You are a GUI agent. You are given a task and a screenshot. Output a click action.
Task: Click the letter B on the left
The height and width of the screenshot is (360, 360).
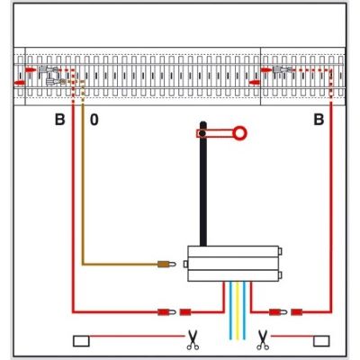click(x=60, y=120)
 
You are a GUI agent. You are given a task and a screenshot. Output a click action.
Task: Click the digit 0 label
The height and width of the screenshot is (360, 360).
click(x=94, y=120)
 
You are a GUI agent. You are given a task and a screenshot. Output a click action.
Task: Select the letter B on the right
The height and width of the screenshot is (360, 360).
click(x=319, y=120)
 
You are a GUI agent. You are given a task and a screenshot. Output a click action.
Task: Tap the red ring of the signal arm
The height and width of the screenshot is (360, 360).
click(x=239, y=133)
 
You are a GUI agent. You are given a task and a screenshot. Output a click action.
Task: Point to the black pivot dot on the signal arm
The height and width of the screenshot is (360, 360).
click(x=202, y=133)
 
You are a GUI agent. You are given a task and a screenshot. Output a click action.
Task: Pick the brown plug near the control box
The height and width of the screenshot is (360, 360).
click(x=166, y=265)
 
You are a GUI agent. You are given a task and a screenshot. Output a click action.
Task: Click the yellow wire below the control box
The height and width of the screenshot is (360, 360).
click(x=238, y=310)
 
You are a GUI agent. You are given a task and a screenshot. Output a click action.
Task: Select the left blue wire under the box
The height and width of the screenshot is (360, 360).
click(x=230, y=310)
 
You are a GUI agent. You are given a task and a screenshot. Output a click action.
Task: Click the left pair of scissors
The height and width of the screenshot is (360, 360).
click(x=193, y=339)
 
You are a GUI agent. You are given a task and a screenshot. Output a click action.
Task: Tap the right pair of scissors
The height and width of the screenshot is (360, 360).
click(x=263, y=339)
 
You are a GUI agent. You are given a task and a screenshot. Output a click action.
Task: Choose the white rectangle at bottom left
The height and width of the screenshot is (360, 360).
click(x=81, y=341)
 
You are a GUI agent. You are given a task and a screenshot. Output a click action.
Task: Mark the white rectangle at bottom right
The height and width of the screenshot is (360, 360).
click(x=321, y=341)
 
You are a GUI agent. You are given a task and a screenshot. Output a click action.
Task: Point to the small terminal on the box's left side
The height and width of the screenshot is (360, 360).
click(x=185, y=264)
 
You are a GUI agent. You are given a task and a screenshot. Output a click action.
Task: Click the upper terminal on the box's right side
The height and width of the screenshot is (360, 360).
click(x=280, y=251)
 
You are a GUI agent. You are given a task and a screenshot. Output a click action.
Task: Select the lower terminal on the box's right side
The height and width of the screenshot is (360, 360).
click(x=280, y=275)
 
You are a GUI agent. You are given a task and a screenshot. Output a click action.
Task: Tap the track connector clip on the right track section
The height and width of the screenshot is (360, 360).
click(x=282, y=70)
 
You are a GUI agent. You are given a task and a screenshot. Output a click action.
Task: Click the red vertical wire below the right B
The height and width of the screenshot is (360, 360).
click(x=331, y=207)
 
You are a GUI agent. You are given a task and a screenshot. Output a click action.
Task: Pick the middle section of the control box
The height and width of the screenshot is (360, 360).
click(x=233, y=264)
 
